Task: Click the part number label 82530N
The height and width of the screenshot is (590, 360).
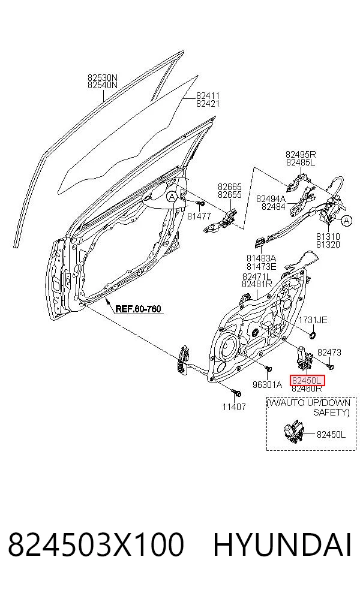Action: pos(103,77)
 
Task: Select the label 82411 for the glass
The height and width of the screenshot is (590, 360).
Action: pos(208,95)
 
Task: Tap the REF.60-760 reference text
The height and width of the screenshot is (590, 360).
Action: pos(138,309)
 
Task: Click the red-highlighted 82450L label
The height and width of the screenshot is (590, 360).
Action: pos(307,380)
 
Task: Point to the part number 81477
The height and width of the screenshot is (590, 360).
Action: pos(199,216)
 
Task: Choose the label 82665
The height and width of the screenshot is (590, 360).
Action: pos(230,186)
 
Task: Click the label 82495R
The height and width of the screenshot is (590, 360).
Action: pos(301,154)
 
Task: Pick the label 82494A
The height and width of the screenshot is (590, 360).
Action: pos(271,198)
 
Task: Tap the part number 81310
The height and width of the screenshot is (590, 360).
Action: pos(328,237)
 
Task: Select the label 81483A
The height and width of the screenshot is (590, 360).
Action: pos(262,258)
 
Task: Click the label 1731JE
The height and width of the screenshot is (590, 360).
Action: pos(313,320)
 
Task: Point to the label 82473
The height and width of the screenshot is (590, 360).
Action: pos(329,352)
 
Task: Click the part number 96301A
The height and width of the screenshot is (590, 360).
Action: pos(267,384)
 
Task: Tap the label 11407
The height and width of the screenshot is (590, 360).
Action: pos(234,407)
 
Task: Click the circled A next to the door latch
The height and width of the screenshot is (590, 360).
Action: pos(347,221)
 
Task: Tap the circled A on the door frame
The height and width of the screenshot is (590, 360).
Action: pos(172,196)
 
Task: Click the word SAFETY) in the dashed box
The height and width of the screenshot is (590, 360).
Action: pos(331,413)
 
